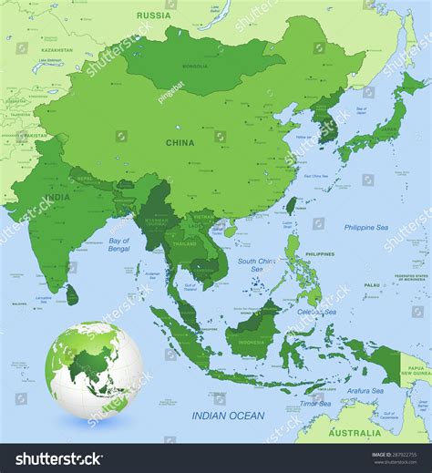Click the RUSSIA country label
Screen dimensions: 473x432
click(x=154, y=15)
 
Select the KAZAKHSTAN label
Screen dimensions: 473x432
click(x=57, y=50)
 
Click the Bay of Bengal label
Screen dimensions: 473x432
click(x=118, y=244)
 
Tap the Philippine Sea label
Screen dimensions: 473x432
click(x=365, y=227)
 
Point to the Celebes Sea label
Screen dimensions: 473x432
click(x=318, y=311)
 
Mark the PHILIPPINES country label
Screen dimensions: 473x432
click(x=319, y=253)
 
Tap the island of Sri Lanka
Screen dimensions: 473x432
click(x=71, y=293)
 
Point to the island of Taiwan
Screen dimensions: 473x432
click(x=292, y=206)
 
